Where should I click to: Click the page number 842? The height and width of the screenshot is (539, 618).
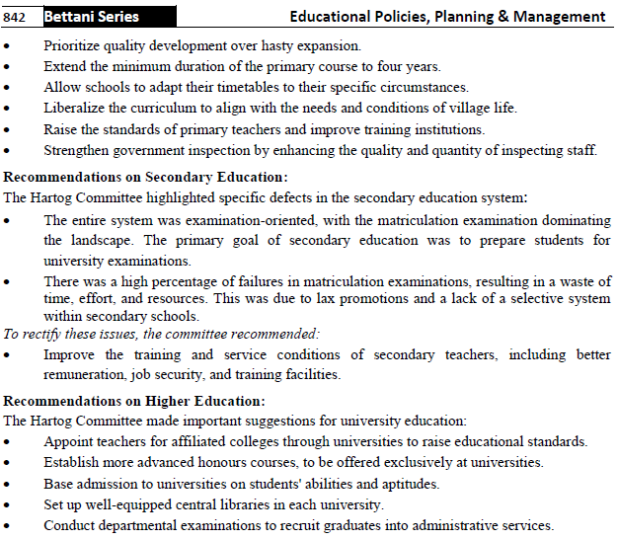point(19,16)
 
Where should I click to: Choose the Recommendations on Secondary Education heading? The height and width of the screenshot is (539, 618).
point(146,178)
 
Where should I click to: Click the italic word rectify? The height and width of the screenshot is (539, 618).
point(39,334)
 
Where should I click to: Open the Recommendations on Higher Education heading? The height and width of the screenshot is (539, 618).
point(134,401)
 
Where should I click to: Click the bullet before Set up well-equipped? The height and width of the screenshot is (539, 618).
point(10,505)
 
